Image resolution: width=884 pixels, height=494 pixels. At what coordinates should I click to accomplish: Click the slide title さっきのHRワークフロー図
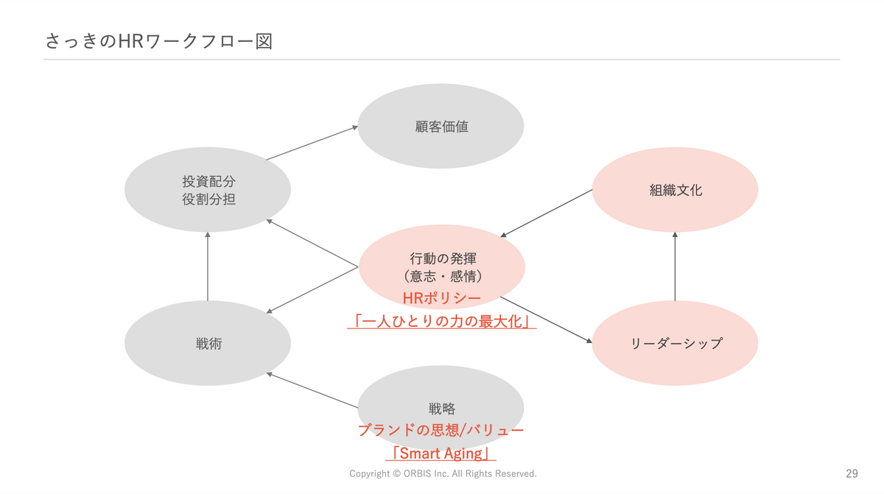158,41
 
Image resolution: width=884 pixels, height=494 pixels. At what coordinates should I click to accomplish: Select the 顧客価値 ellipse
441,127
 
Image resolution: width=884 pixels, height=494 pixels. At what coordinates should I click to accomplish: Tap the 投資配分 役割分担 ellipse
208,190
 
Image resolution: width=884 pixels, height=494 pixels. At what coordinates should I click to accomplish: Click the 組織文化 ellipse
675,190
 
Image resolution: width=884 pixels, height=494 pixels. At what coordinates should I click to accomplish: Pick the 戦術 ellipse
208,344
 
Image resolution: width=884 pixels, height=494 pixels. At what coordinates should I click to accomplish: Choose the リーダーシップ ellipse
675,344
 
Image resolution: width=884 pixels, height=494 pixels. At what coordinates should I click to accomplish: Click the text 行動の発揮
442,258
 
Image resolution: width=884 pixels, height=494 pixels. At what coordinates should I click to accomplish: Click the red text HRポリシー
441,298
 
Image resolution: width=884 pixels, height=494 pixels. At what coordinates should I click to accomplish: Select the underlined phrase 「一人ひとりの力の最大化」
441,322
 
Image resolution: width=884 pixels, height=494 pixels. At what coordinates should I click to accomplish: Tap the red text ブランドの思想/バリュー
441,431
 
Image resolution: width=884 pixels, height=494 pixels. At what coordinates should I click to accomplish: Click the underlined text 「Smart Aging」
441,454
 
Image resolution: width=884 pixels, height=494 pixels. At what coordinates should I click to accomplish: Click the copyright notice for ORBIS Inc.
443,474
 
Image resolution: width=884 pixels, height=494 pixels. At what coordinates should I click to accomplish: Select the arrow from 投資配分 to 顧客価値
312,143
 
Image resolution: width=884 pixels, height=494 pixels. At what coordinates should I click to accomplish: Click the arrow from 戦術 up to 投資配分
208,267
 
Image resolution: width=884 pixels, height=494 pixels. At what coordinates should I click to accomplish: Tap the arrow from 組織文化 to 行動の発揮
547,214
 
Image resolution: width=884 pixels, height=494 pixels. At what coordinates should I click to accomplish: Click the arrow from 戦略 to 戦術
312,390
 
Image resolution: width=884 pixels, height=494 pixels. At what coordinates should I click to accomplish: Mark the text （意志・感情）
442,277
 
